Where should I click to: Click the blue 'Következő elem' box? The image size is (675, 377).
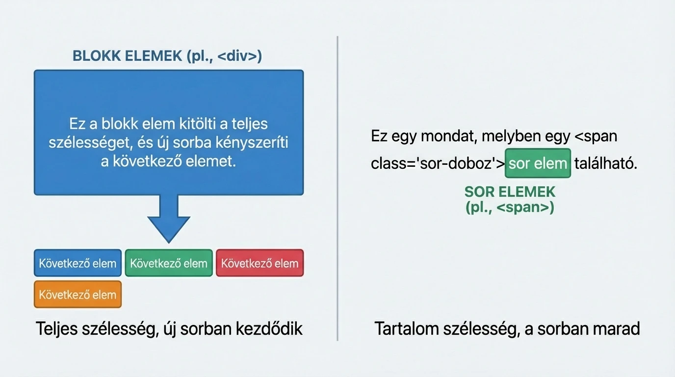[78, 263]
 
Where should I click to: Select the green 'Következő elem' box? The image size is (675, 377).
[169, 263]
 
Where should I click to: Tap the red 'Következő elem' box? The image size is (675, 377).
[260, 263]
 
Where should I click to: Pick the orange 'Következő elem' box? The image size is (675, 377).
[78, 295]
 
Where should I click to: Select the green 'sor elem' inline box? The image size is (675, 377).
[538, 163]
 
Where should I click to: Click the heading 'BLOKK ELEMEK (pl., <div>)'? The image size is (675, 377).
[167, 56]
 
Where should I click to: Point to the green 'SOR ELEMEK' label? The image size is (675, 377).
[510, 191]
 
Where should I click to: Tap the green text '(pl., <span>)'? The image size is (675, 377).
[510, 208]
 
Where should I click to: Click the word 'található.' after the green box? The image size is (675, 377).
[606, 164]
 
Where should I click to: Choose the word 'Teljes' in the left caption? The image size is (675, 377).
[56, 328]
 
